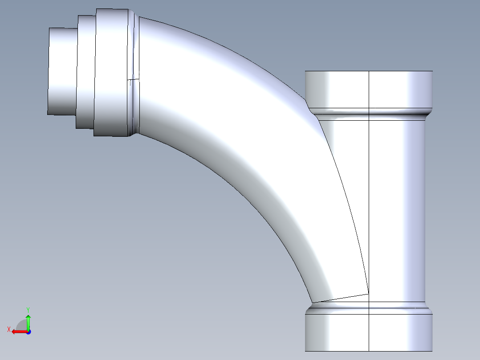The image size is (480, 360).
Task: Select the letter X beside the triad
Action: [8, 329]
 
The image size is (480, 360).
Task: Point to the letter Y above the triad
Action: [28, 309]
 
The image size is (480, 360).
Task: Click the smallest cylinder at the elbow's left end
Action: [62, 71]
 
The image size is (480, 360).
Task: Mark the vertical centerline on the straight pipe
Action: [370, 200]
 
